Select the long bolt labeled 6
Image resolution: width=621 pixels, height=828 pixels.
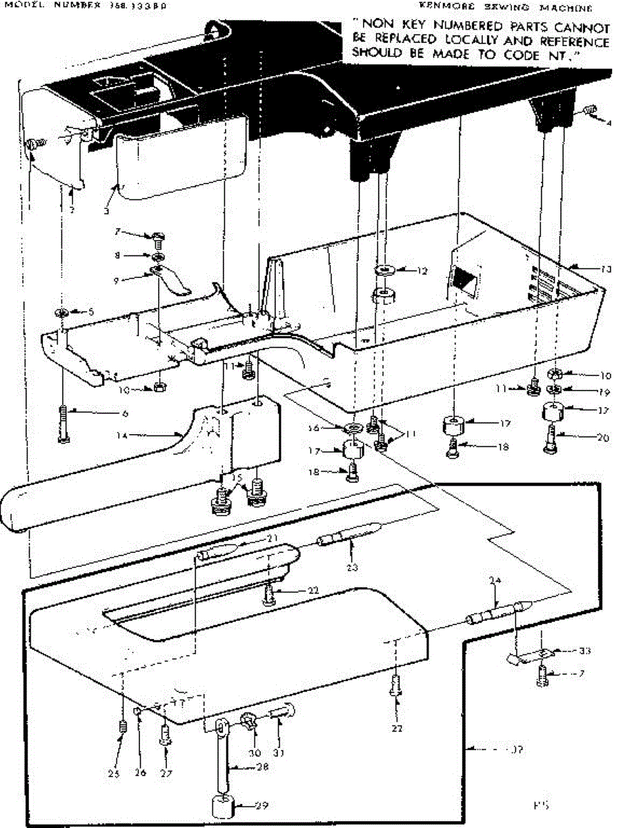click(64, 423)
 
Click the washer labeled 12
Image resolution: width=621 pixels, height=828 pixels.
click(383, 268)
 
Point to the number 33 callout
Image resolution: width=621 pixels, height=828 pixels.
click(585, 651)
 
